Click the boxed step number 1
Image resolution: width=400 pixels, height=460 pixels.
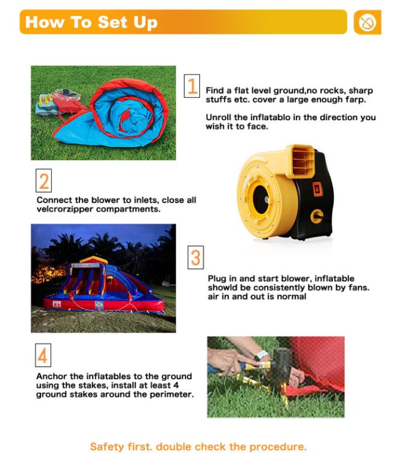click(192, 86)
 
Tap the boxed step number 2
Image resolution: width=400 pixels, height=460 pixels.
click(44, 180)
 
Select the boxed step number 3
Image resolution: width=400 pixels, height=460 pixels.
click(196, 257)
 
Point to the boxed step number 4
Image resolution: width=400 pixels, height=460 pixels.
click(43, 355)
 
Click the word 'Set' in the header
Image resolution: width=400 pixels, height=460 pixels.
click(113, 22)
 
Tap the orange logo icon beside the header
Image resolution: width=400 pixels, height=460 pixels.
click(367, 22)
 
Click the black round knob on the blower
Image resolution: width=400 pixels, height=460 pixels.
click(317, 217)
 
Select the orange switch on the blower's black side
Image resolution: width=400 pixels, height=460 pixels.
click(318, 189)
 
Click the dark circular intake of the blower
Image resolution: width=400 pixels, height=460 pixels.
click(260, 200)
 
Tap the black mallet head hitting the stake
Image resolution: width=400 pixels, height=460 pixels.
click(282, 365)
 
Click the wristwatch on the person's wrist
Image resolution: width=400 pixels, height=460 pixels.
click(261, 355)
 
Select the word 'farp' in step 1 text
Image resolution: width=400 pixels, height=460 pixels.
click(355, 100)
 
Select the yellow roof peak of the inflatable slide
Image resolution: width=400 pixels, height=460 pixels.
click(94, 259)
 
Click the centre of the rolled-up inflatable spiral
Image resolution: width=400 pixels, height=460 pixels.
click(129, 118)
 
